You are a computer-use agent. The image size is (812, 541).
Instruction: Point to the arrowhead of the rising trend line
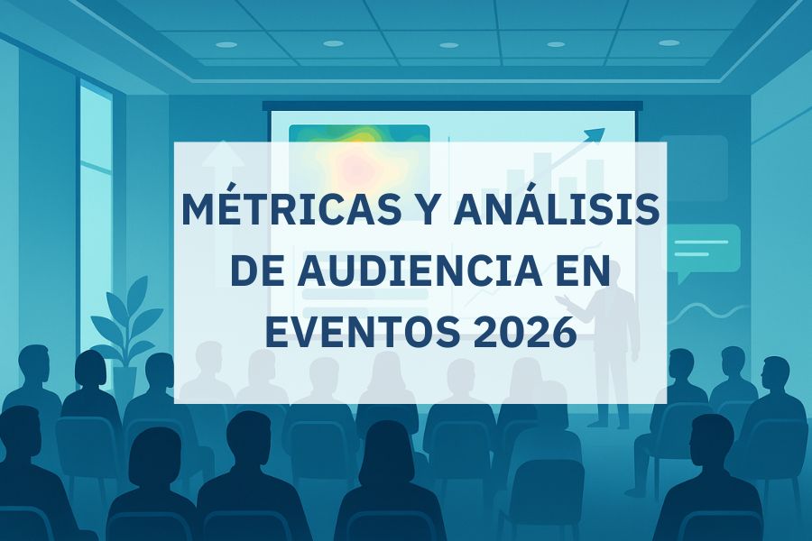(596, 134)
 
